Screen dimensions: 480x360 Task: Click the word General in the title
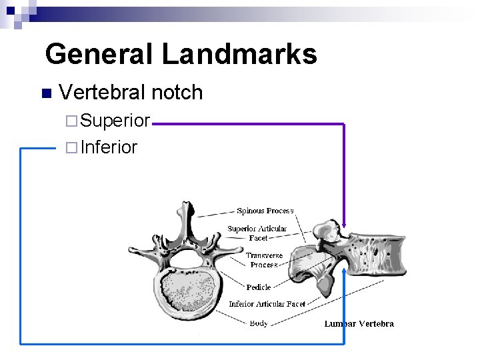[x=100, y=54]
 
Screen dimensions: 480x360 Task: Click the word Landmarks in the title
[x=239, y=54]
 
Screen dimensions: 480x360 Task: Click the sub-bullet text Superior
[x=115, y=121]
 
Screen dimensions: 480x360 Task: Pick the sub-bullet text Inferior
[x=109, y=147]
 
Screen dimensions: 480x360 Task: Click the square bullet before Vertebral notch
[x=45, y=93]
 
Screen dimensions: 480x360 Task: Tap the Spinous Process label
[x=265, y=211]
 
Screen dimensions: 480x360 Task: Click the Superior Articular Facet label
[x=257, y=233]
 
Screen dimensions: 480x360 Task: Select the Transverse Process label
[x=264, y=260]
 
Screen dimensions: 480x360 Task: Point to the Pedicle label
[x=259, y=287]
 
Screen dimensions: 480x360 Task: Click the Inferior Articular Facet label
[x=267, y=304]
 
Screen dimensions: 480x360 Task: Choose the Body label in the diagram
[x=259, y=323]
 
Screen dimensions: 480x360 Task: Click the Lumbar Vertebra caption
[x=359, y=324]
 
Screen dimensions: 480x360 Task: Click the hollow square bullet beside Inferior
[x=71, y=147]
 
